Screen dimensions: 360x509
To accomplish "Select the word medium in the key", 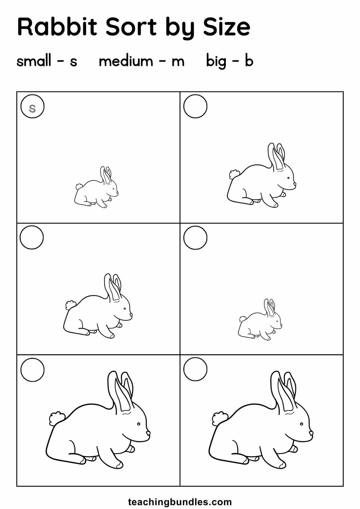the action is tap(126, 61).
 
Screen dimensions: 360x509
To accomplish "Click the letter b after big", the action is tap(249, 61).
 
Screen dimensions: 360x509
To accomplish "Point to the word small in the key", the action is tap(34, 61).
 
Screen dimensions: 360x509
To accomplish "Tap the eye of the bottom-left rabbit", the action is tap(139, 424).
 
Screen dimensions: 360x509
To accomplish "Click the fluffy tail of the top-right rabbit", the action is tap(234, 175).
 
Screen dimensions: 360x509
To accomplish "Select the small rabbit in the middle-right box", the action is tap(260, 319).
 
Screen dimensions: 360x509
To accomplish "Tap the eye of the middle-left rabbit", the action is tap(124, 309).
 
